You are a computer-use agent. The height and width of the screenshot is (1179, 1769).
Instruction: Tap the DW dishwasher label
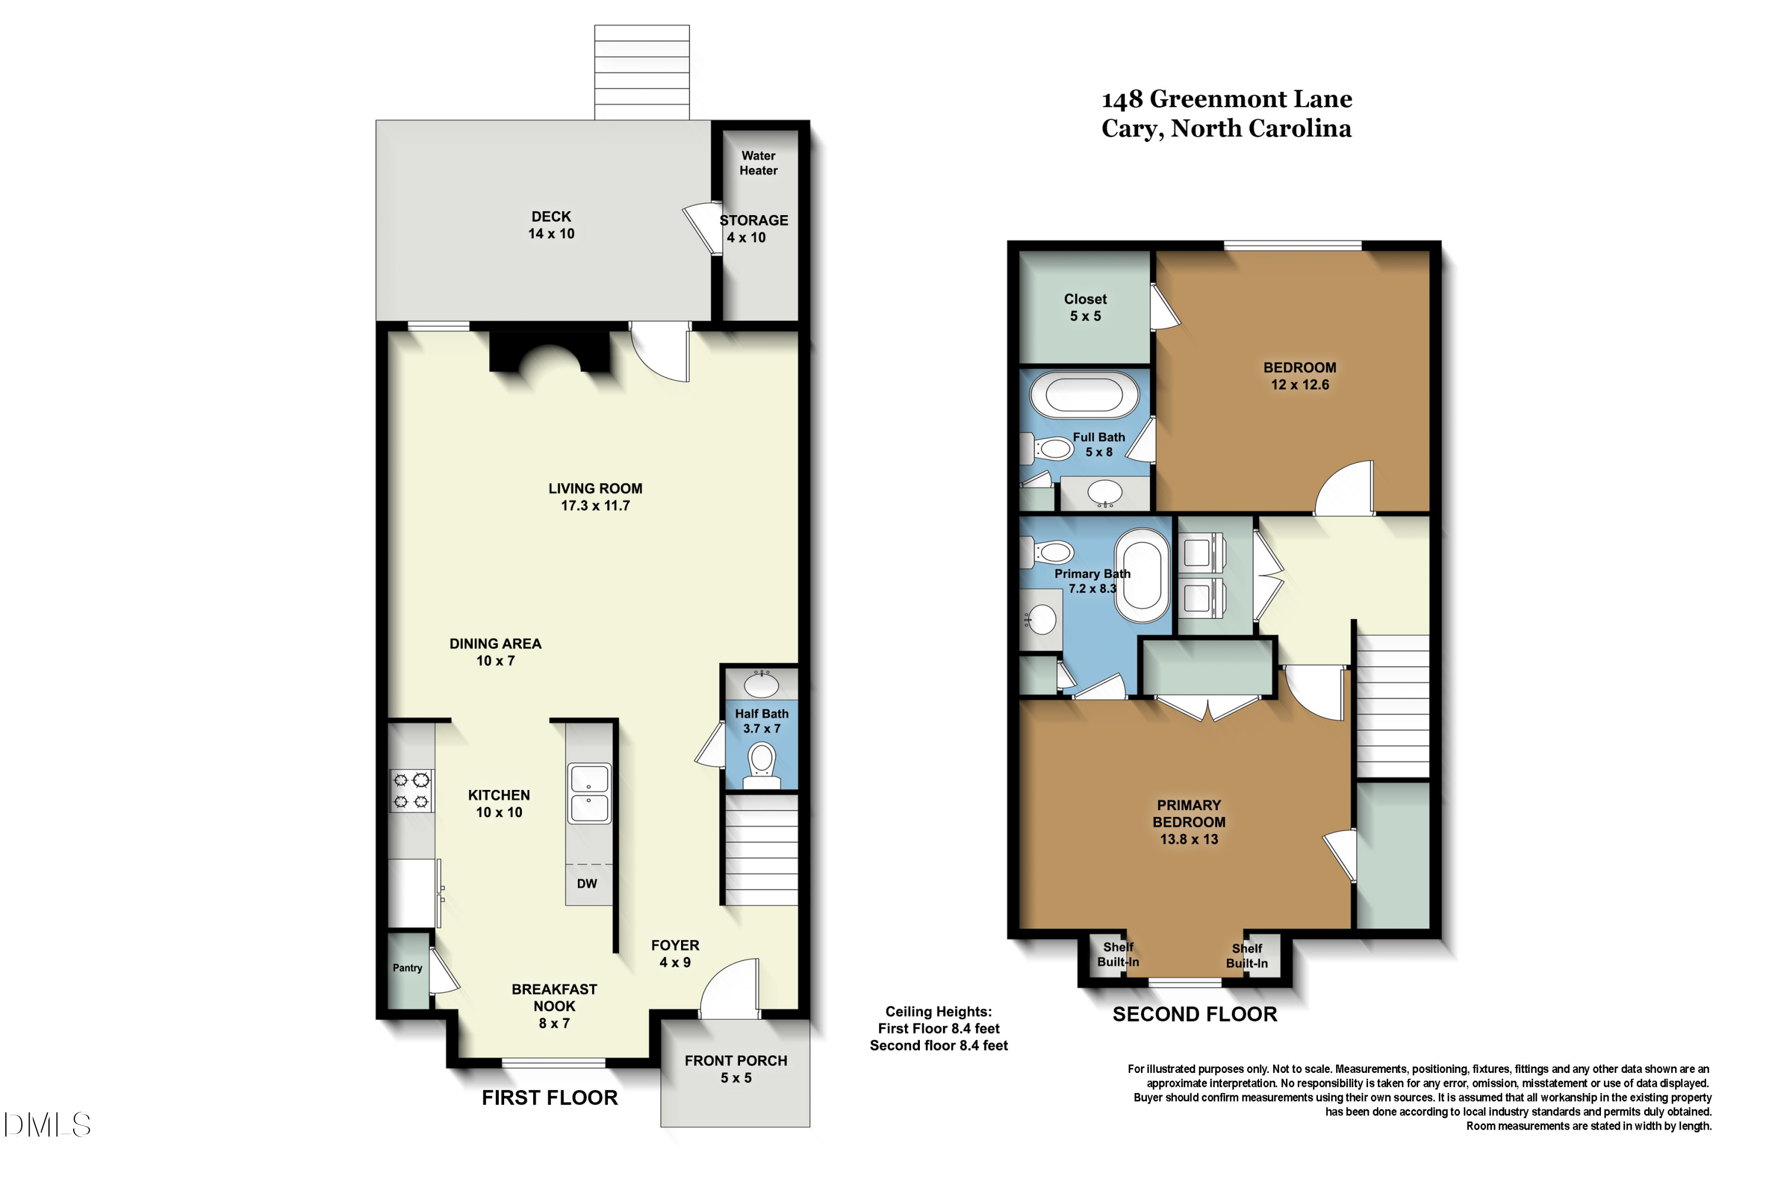587,884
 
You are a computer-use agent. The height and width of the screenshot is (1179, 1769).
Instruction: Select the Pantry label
407,968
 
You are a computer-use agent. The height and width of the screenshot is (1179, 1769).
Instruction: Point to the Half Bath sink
761,684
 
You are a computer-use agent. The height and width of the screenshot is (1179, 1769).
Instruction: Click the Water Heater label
758,163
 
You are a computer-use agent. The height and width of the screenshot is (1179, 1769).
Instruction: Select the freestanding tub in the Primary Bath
1143,575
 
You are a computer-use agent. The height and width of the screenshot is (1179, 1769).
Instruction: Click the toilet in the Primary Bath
1047,553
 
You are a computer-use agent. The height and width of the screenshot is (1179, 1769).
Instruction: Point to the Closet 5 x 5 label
1086,308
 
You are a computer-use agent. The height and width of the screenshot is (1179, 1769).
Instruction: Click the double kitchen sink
589,794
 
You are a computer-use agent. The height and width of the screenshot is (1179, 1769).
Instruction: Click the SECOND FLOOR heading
1195,1015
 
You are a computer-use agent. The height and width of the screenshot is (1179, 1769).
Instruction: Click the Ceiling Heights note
939,1029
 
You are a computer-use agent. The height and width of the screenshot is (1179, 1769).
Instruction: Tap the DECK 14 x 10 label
551,225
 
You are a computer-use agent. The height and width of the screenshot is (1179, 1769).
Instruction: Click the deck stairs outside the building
642,72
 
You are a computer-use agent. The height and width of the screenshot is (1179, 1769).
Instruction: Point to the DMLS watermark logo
47,1125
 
